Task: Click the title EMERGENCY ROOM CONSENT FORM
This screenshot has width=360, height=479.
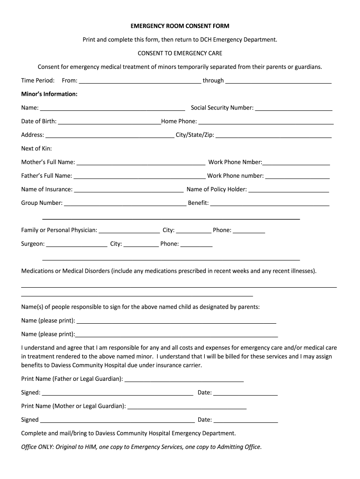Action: click(180, 26)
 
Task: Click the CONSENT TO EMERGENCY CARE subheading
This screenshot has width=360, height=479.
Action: click(180, 53)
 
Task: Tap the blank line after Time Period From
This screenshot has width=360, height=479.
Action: click(140, 81)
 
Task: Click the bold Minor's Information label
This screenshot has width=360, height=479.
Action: click(49, 94)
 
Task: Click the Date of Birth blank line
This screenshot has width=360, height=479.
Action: click(109, 122)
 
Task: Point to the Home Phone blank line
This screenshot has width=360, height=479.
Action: click(266, 122)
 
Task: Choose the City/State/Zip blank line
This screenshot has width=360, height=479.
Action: click(274, 136)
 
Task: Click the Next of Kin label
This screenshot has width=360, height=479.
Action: click(36, 149)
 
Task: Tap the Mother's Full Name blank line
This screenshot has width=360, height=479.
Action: click(141, 163)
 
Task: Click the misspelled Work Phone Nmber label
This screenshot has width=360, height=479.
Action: click(235, 162)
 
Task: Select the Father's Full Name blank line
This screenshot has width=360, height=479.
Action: click(139, 176)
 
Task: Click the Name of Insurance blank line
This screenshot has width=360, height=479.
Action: click(129, 190)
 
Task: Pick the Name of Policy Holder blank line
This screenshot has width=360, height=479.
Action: click(288, 190)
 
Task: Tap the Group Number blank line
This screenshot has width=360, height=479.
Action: click(125, 203)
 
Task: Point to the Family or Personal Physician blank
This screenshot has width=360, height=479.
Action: click(129, 231)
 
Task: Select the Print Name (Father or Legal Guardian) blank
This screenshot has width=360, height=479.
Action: click(184, 379)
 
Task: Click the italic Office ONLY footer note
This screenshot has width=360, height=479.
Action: click(142, 447)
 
